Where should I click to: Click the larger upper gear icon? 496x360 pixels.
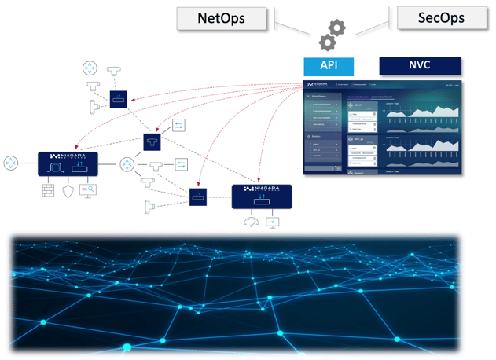pyautogui.click(x=336, y=29)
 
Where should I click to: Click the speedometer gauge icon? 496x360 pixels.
pyautogui.click(x=250, y=222)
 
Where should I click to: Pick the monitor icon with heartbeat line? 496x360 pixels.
pyautogui.click(x=272, y=222)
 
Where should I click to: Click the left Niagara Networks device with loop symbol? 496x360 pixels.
pyautogui.click(x=68, y=164)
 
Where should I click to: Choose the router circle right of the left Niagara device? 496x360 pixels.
pyautogui.click(x=127, y=164)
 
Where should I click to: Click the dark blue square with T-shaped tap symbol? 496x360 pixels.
pyautogui.click(x=151, y=141)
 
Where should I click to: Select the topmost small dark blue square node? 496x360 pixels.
pyautogui.click(x=119, y=99)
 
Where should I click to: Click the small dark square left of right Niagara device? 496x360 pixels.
pyautogui.click(x=197, y=197)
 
